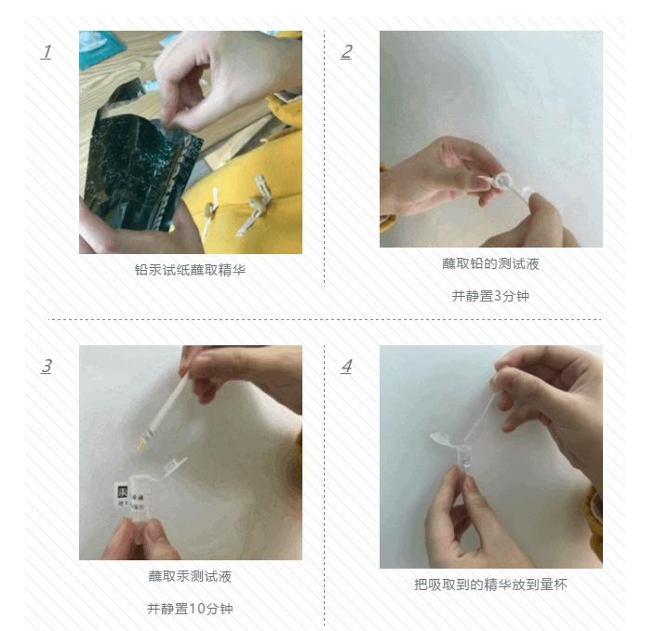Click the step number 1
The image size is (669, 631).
coord(46,52)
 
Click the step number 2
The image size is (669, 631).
coord(346,52)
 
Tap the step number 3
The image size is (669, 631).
coord(46,367)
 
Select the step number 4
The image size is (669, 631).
coord(346,367)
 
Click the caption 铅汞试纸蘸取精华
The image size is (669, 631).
coord(190,270)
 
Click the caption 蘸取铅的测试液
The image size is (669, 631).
coord(490,263)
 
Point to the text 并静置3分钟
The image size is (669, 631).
coord(490,296)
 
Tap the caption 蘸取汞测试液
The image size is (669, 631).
coord(190,576)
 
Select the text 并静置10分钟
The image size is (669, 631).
coord(190,609)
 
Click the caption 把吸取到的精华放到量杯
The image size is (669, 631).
coord(490,584)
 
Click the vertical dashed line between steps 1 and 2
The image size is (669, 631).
coord(324,158)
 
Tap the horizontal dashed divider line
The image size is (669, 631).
coord(326,319)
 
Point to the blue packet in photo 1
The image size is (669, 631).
coord(100,43)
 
